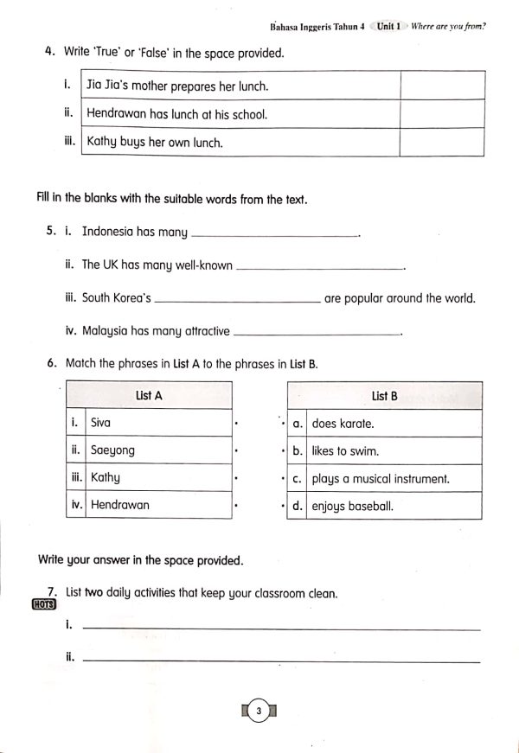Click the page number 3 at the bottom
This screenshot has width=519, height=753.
tap(258, 712)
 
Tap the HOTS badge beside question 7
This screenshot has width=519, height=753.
tap(42, 604)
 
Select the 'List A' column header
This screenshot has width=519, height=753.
tap(149, 395)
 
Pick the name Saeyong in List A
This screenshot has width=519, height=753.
tap(112, 450)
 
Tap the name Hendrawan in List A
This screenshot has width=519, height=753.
tap(120, 505)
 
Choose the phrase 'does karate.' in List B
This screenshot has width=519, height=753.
tap(343, 424)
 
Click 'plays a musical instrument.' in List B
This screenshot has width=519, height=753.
tap(381, 478)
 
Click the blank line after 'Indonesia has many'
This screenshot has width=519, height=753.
tap(274, 233)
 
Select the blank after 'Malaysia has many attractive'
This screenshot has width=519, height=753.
tap(317, 333)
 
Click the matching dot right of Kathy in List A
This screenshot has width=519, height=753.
tap(236, 477)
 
